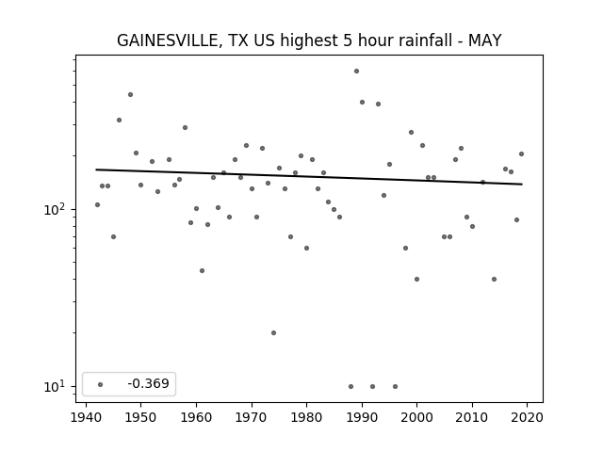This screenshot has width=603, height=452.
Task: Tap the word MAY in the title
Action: tap(484, 40)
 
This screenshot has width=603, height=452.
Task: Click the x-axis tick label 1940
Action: tap(86, 417)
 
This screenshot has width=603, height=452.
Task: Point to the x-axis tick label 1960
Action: tap(196, 417)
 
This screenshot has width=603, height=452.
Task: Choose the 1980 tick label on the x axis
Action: tap(306, 417)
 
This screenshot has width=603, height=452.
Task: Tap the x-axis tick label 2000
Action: tap(416, 417)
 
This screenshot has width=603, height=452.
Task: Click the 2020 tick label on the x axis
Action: tap(527, 417)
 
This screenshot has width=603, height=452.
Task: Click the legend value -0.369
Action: tap(148, 383)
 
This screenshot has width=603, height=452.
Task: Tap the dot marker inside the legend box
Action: tap(101, 384)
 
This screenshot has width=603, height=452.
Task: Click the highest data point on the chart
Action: tap(356, 72)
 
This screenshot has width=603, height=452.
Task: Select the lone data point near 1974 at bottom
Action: tap(273, 332)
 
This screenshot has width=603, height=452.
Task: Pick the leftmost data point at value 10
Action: tap(350, 387)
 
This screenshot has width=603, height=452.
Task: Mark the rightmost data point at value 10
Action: tap(395, 387)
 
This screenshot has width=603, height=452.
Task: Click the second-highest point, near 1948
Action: tap(130, 94)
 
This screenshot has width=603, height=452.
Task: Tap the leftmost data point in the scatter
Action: tap(97, 205)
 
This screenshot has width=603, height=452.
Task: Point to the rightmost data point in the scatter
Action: tap(521, 153)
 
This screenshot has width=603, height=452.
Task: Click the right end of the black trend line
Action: tap(522, 185)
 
